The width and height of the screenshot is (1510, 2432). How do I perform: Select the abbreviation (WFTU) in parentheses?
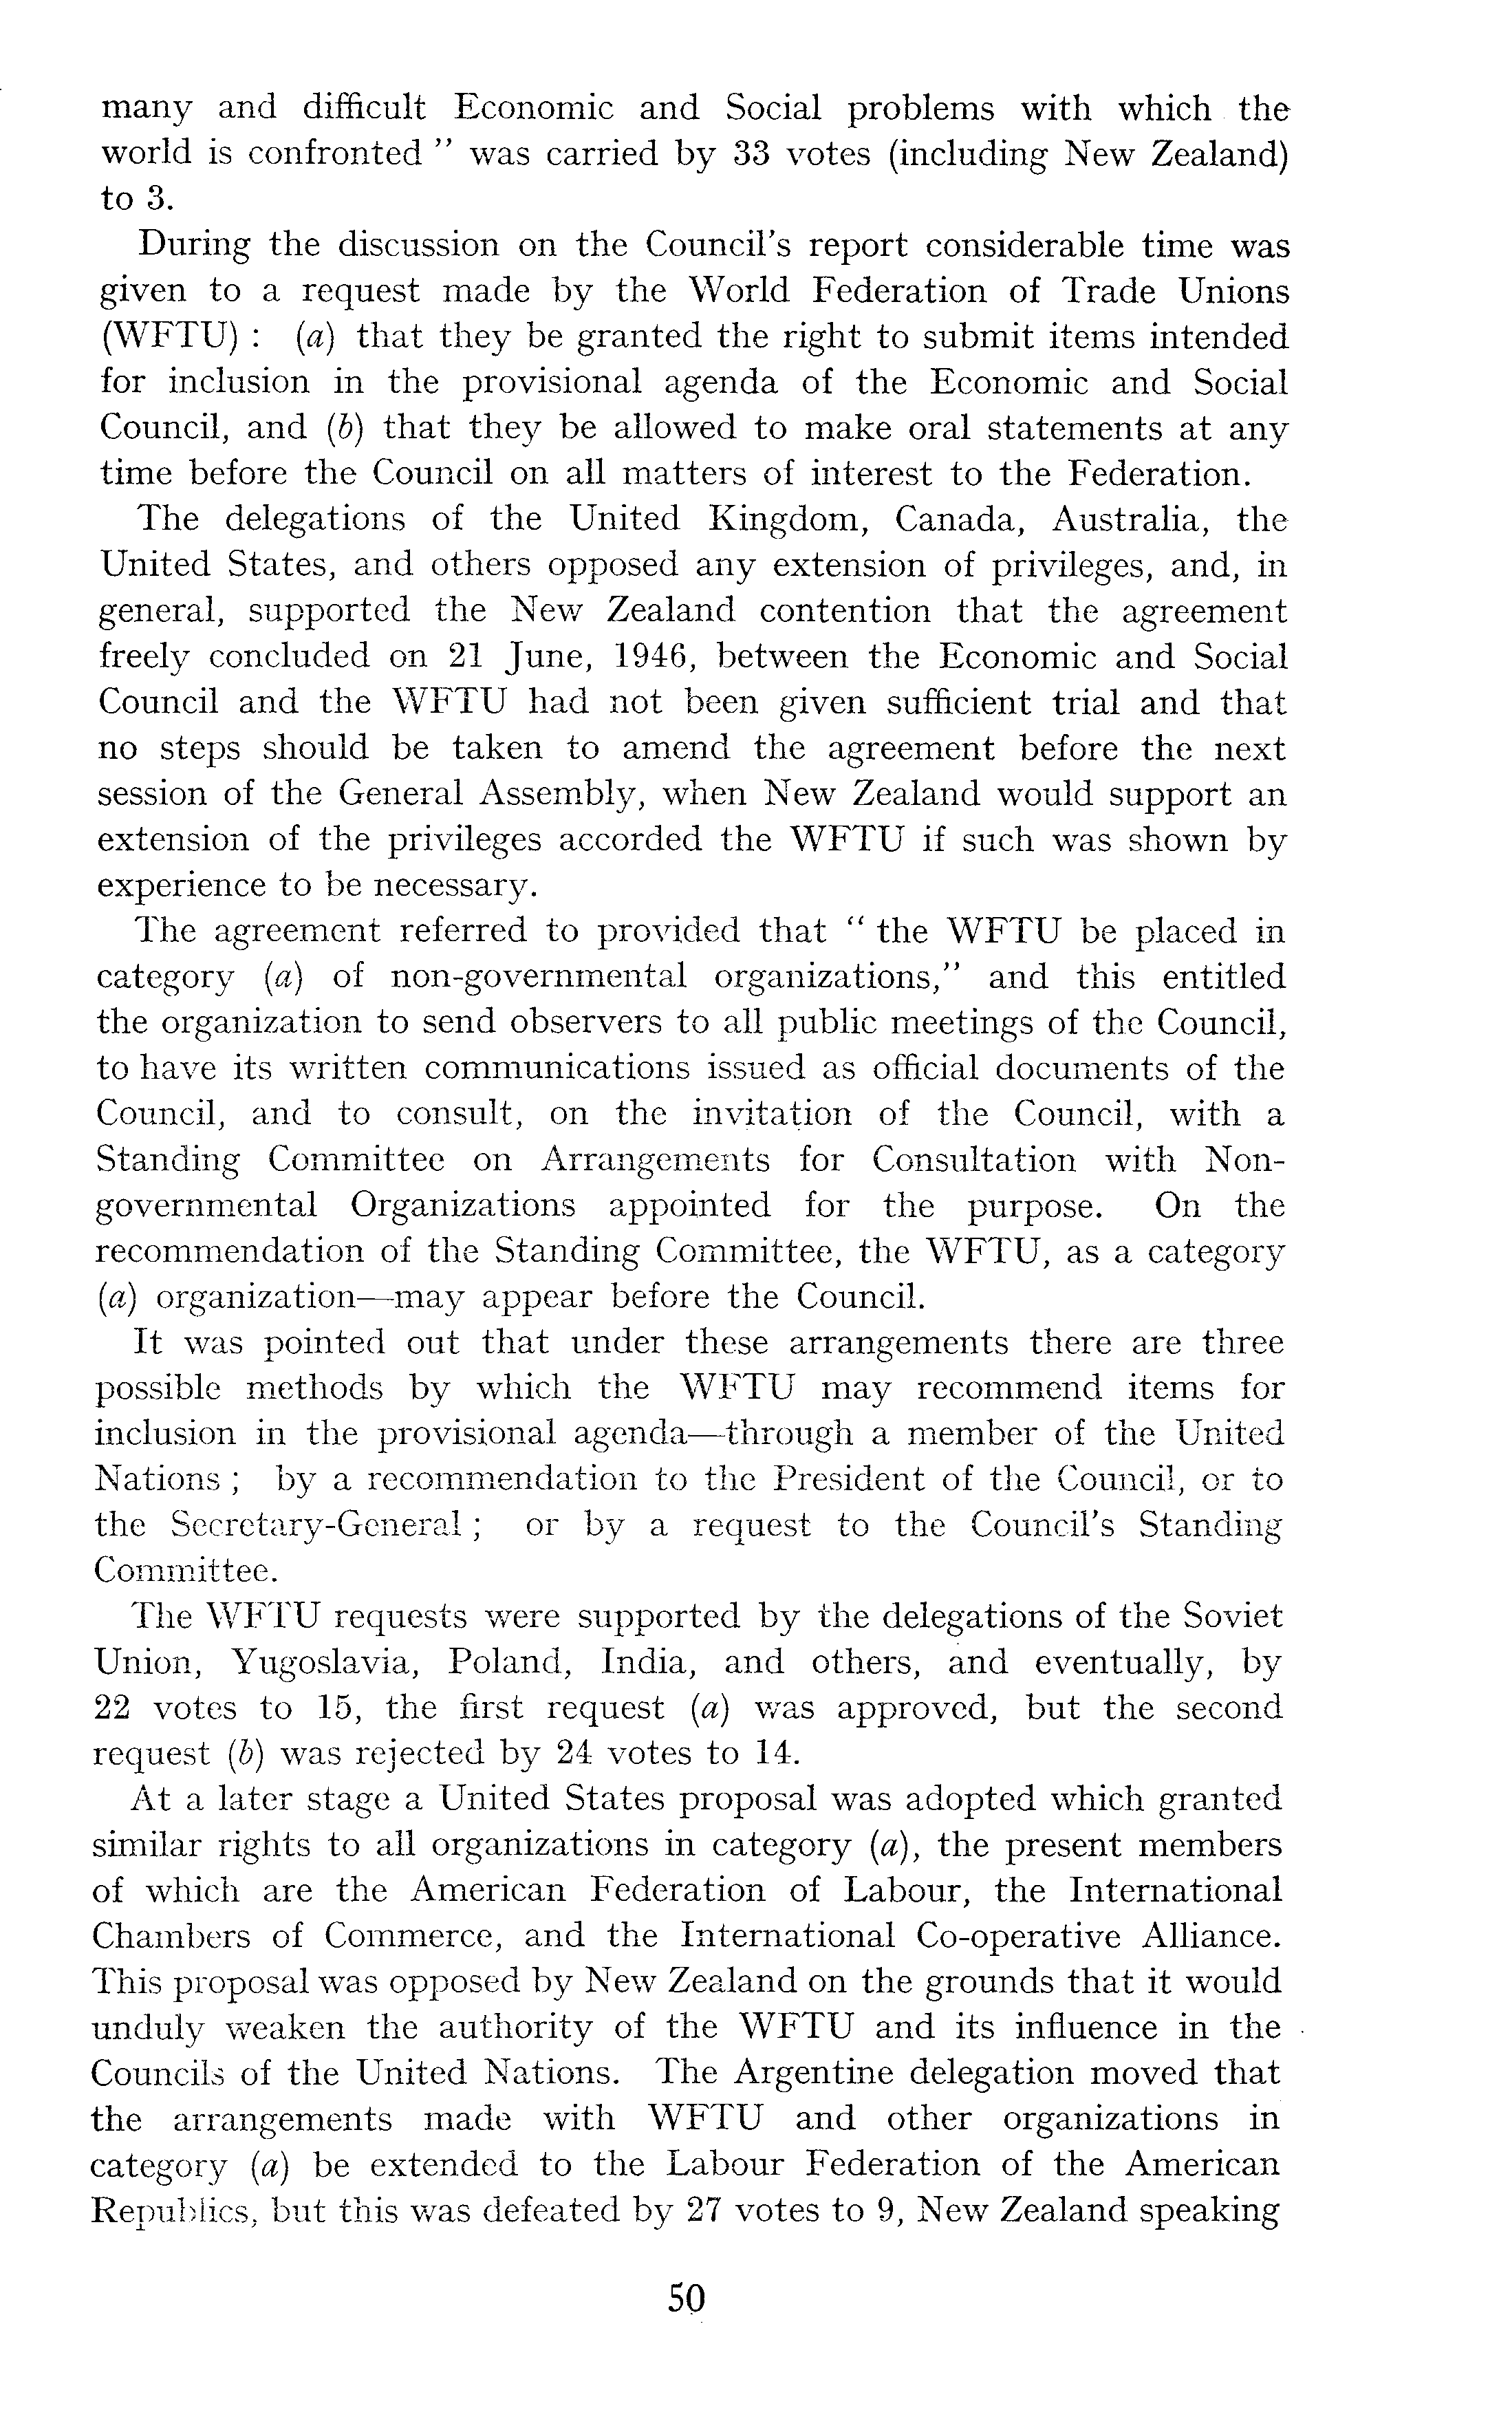click(x=168, y=338)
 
